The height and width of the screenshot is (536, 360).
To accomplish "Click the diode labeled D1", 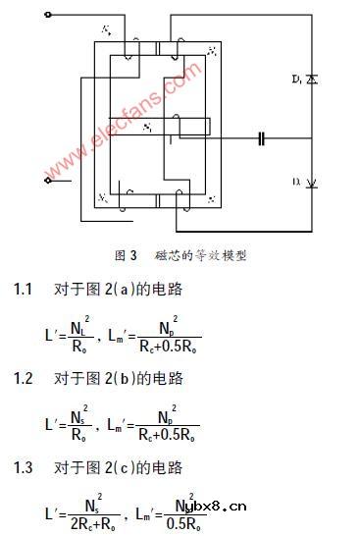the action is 312,77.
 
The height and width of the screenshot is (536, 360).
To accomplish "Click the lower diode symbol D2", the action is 312,183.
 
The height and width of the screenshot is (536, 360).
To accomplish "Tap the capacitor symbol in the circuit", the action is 262,138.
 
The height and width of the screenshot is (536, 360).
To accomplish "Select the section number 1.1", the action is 23,290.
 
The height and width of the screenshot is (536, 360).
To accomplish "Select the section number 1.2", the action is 23,378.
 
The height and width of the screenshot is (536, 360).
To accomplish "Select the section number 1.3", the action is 23,466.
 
